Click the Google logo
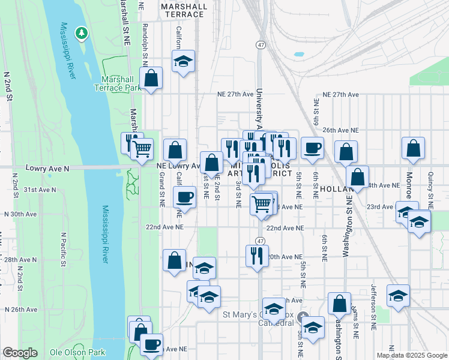click(x=20, y=353)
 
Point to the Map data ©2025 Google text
click(x=412, y=355)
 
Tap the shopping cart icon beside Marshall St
click(x=142, y=148)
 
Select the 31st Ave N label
click(x=40, y=190)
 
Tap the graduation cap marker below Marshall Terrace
click(x=184, y=61)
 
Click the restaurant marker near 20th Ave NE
click(x=258, y=255)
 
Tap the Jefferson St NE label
click(x=373, y=307)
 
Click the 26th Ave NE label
click(x=340, y=130)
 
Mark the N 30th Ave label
click(x=20, y=214)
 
